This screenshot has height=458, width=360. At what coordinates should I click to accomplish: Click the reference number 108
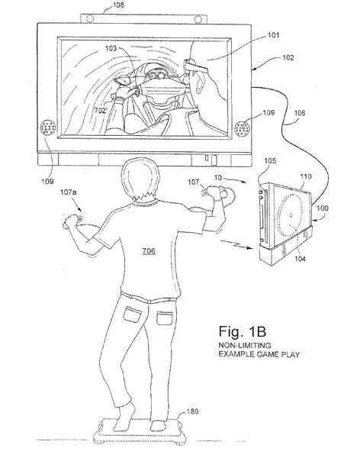pos(117,5)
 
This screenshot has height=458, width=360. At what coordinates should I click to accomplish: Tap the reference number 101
pos(274,35)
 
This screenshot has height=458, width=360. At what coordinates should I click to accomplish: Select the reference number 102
pos(288,57)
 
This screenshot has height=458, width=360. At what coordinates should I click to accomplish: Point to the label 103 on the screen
pos(111,49)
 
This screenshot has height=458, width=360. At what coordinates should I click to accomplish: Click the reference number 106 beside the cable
pos(299,113)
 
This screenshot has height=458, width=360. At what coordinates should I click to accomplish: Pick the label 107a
pos(69,192)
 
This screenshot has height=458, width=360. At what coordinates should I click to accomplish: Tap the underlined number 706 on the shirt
pos(149,251)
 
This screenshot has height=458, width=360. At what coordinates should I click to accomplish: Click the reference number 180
pos(192,411)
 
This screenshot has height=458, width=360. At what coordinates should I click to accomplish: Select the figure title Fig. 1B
pos(243,331)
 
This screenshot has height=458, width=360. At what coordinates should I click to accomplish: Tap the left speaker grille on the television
pos(48,127)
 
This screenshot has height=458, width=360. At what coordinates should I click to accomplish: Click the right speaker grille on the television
pos(243,129)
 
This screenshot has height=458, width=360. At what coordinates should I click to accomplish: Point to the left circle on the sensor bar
pos(90,18)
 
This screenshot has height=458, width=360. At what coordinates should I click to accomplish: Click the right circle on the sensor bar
pos(198,20)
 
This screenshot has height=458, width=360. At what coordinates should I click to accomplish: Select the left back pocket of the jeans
pos(132,314)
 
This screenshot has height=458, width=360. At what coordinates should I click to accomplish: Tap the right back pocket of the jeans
pos(165,318)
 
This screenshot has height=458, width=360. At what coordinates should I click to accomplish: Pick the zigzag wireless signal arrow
pos(236,244)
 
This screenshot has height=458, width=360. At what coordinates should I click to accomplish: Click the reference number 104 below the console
pos(300,259)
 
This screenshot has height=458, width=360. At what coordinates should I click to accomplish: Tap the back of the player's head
pos(141,179)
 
